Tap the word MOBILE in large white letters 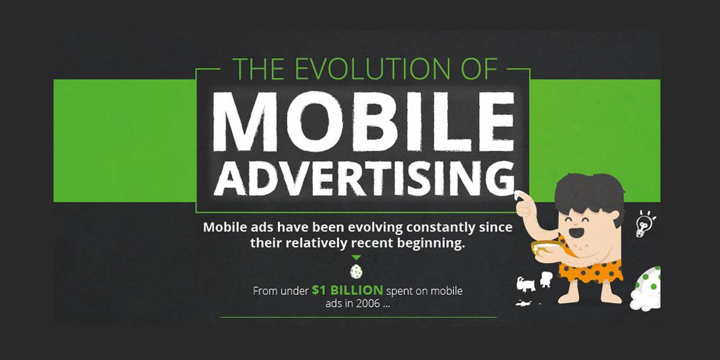tap(363, 122)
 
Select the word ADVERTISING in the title tap(364, 178)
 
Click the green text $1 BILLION tap(347, 290)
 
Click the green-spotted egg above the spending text tap(356, 272)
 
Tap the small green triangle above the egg tap(356, 258)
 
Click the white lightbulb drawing tap(643, 224)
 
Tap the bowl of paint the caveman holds tap(546, 247)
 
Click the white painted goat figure tap(525, 284)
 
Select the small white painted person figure tap(546, 279)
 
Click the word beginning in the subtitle tap(431, 244)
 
